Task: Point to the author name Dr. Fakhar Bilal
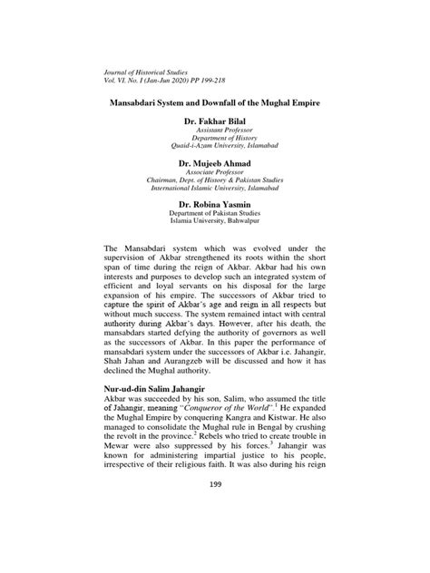[x=214, y=120]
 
